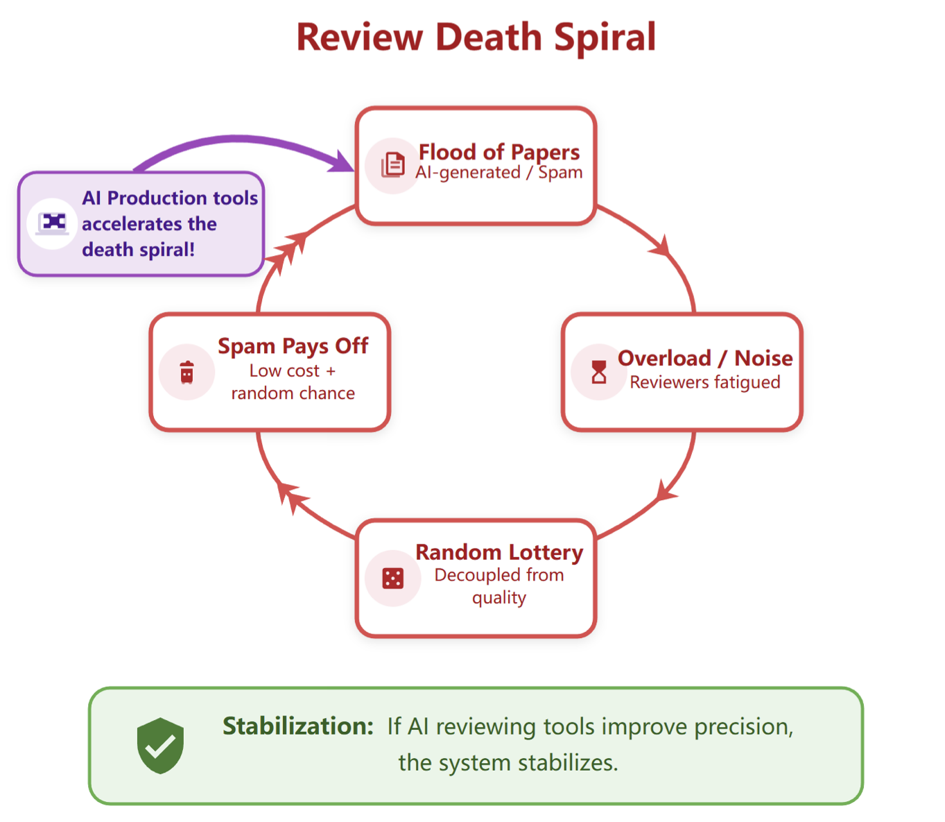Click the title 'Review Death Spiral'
pyautogui.click(x=476, y=37)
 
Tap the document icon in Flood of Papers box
pyautogui.click(x=392, y=165)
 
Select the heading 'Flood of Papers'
pyautogui.click(x=498, y=152)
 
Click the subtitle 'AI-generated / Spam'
pyautogui.click(x=498, y=173)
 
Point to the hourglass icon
pyautogui.click(x=598, y=372)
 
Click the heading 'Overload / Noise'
pyautogui.click(x=704, y=358)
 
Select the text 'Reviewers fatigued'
pyautogui.click(x=704, y=382)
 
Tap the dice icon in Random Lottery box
pyautogui.click(x=392, y=578)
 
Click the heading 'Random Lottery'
pyautogui.click(x=498, y=552)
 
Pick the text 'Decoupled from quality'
pyautogui.click(x=498, y=586)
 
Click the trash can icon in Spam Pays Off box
pyautogui.click(x=187, y=373)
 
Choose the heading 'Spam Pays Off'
pyautogui.click(x=293, y=345)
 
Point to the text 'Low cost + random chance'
pyautogui.click(x=293, y=382)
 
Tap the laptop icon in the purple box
pyautogui.click(x=53, y=223)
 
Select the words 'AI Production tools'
pyautogui.click(x=169, y=198)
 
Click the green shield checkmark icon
pyautogui.click(x=160, y=746)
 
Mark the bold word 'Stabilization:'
pyautogui.click(x=297, y=726)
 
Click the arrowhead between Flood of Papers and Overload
pyautogui.click(x=661, y=247)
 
